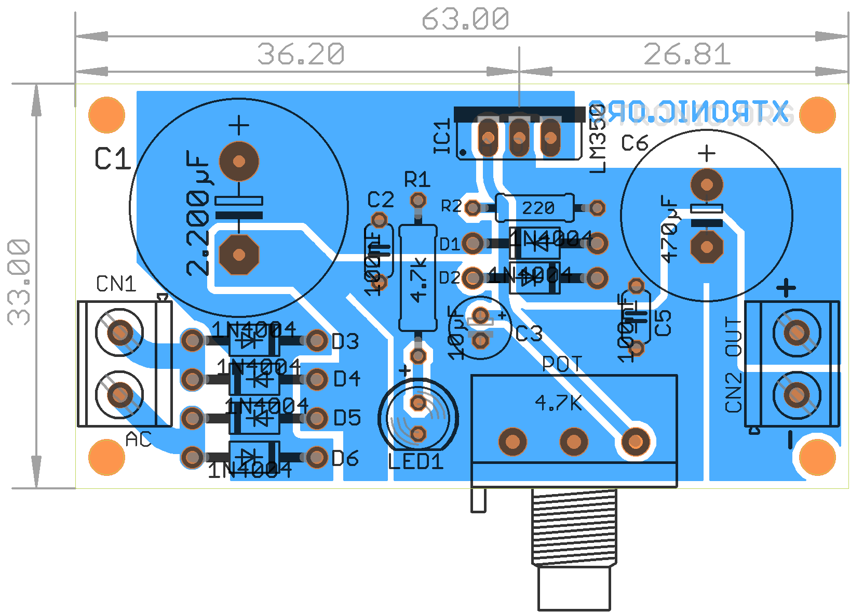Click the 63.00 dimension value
point(465,20)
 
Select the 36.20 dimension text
point(301,54)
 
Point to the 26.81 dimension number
point(687,54)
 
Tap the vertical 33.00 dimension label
point(20,282)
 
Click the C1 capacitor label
point(112,159)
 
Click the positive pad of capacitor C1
point(239,161)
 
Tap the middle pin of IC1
point(519,138)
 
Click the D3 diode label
point(345,341)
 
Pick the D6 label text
point(345,458)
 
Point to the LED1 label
point(415,461)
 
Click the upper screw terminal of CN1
point(119,332)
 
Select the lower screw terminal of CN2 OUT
point(797,395)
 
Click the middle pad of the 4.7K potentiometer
point(574,442)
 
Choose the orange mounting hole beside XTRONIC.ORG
point(817,115)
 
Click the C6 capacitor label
point(635,143)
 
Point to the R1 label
point(417,180)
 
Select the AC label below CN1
point(138,440)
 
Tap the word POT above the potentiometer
point(562,364)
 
